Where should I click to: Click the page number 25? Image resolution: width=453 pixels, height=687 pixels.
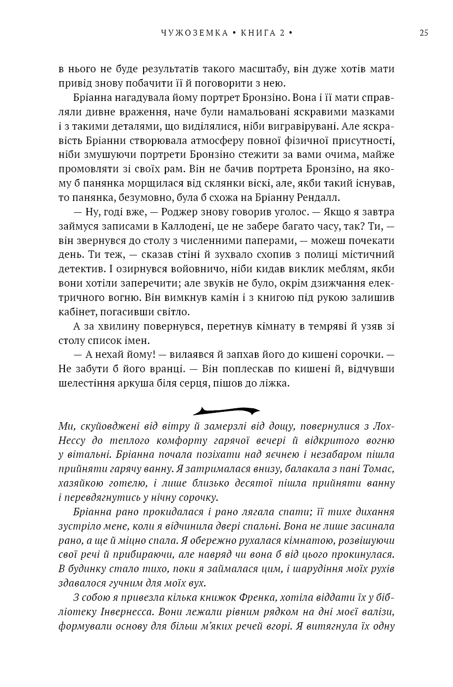424,33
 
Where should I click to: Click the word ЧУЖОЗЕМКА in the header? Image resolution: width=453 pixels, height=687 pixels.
195,33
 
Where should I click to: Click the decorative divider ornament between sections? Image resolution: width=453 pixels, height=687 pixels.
226,411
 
